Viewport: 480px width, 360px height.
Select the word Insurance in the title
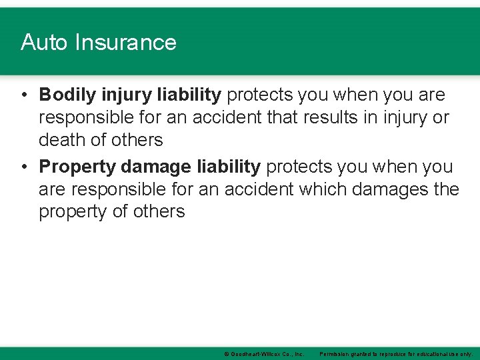[125, 43]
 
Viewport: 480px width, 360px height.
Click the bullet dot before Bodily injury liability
[23, 95]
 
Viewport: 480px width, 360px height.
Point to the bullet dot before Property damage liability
[23, 167]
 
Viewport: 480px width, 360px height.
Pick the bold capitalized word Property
[77, 167]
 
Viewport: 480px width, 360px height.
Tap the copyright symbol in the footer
[227, 353]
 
